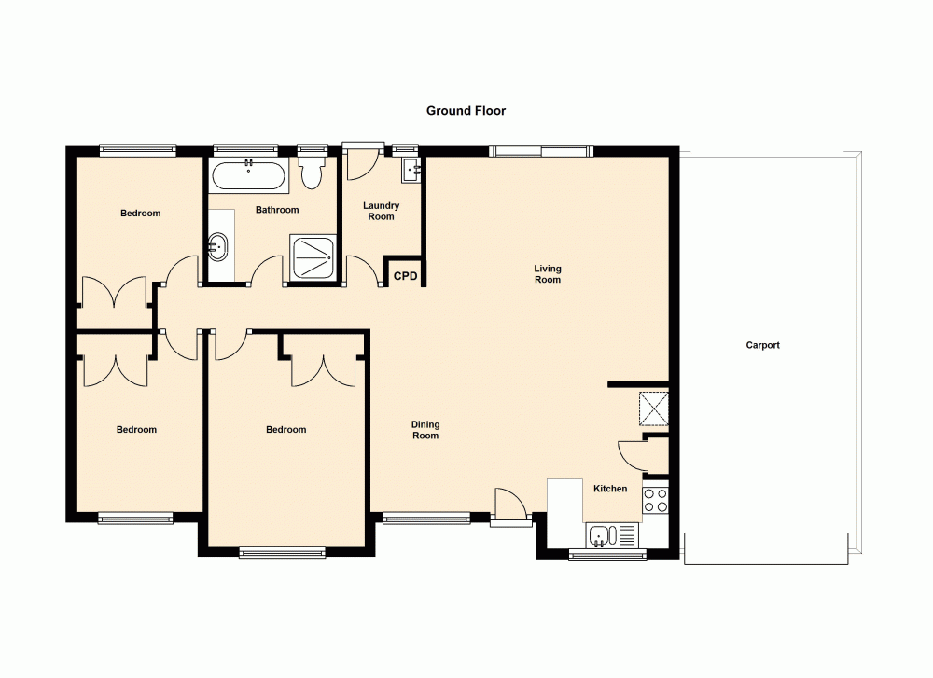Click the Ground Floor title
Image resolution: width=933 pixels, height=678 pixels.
coord(466,110)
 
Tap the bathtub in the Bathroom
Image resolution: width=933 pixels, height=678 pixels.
coord(248,174)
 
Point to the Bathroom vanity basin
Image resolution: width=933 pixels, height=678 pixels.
coord(218,247)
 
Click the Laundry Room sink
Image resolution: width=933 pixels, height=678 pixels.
coord(411,170)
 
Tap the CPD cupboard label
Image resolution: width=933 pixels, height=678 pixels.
coord(405,276)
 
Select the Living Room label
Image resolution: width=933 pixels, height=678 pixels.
coord(548,274)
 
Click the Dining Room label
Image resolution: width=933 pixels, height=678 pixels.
coord(425,430)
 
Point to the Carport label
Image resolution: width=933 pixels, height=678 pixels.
coord(762,345)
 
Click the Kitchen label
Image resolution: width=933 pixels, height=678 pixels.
coord(610,489)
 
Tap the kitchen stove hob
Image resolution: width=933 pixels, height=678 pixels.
coord(655,500)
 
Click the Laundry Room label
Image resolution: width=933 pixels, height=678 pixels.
coord(382,211)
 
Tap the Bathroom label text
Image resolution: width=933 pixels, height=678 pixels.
coord(277,210)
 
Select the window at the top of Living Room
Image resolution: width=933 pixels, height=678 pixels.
coord(542,151)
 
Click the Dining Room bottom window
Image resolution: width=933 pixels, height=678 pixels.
coord(426,519)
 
